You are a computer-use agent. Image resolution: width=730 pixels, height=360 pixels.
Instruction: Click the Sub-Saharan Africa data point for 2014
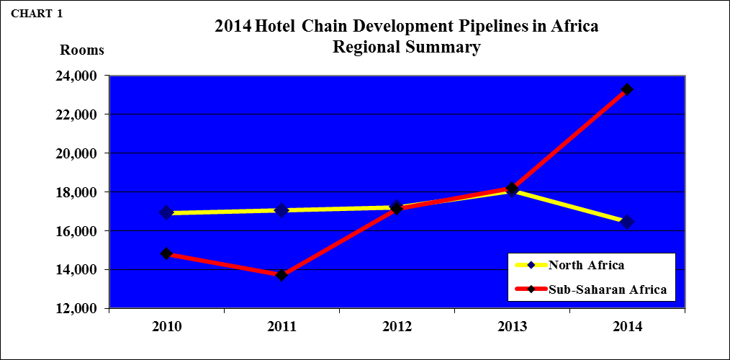tap(627, 89)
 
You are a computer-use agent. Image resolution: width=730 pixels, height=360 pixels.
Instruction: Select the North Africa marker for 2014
tap(627, 222)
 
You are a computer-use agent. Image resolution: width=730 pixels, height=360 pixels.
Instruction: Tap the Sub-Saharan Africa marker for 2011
tap(281, 274)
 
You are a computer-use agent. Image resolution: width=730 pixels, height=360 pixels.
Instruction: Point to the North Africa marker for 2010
tap(166, 212)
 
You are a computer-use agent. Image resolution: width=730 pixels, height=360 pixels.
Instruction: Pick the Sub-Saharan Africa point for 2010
tap(166, 253)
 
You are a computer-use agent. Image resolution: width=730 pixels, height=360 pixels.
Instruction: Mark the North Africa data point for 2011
tap(281, 210)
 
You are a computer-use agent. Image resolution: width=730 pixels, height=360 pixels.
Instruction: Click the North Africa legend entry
tap(585, 264)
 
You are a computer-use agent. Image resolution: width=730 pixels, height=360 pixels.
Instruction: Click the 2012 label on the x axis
tap(397, 326)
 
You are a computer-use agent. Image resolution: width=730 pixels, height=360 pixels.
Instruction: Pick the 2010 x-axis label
tap(166, 326)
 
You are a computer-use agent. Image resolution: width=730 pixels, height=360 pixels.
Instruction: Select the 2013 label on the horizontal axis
tap(512, 326)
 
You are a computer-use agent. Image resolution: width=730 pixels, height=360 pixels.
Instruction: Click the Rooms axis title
tap(81, 50)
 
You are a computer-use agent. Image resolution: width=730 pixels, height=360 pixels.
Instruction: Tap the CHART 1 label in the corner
tap(36, 14)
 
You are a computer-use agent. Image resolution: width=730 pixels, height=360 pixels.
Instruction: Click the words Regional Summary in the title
tap(406, 48)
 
